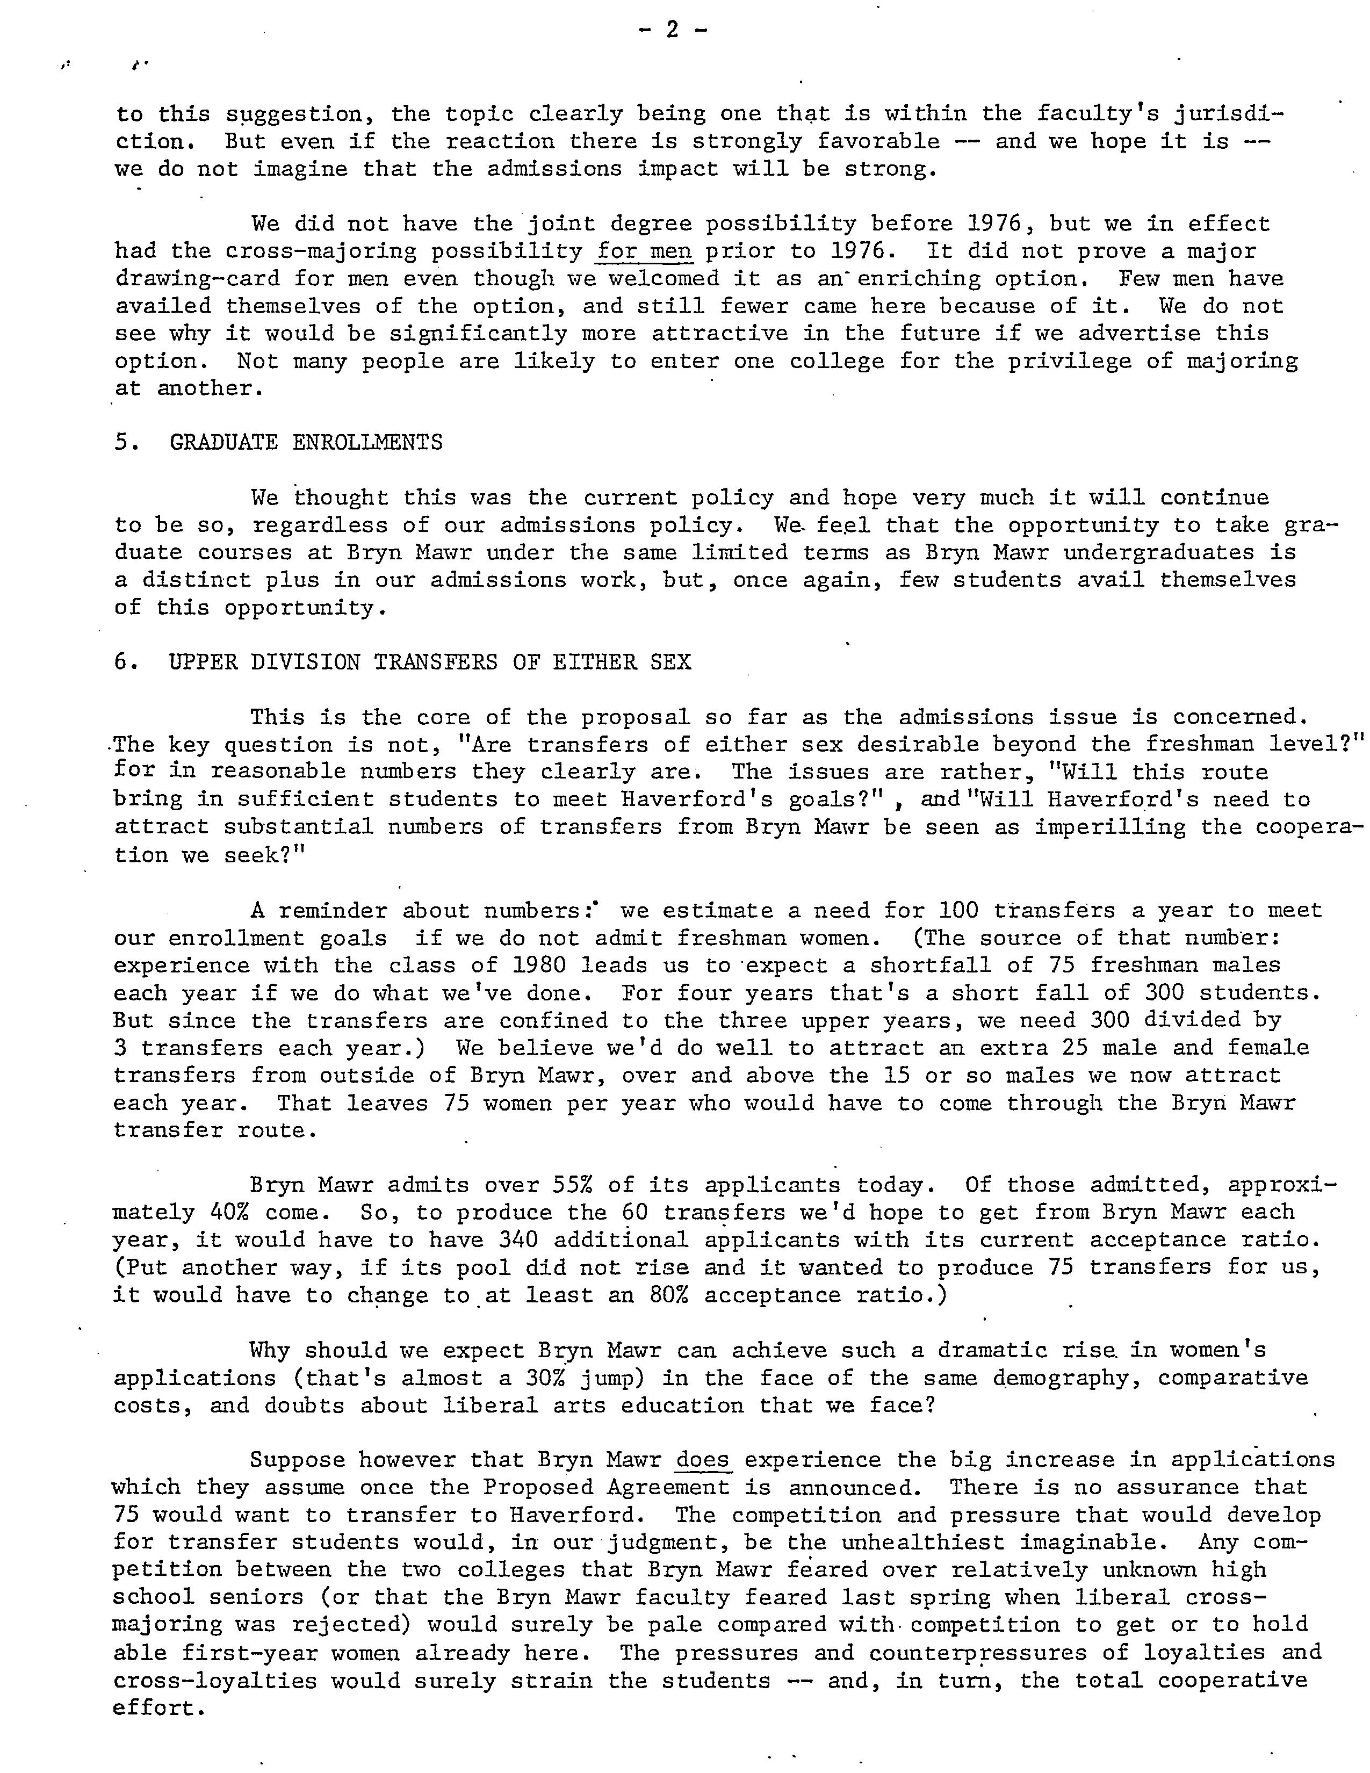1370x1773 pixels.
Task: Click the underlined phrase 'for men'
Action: tap(644, 251)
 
